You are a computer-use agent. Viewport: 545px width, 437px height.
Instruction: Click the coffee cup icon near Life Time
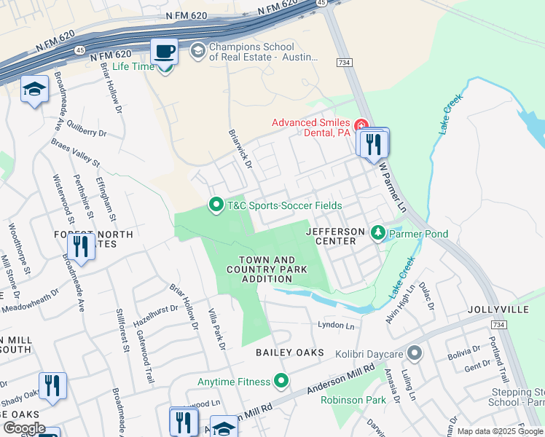(164, 52)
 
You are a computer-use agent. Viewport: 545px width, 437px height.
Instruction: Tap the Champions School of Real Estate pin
(197, 50)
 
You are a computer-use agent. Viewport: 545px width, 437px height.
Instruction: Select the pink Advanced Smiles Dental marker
(361, 127)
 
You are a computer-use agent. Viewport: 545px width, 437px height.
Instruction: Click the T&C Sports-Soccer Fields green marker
(216, 205)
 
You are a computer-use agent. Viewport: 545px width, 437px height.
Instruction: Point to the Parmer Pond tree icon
(377, 233)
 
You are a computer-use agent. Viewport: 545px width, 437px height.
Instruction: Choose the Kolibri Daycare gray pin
(415, 354)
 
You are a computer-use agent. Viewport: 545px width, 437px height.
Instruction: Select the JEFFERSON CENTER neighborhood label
(334, 236)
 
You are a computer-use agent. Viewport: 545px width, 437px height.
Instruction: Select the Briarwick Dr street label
(240, 150)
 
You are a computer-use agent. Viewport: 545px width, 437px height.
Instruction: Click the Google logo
(23, 428)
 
